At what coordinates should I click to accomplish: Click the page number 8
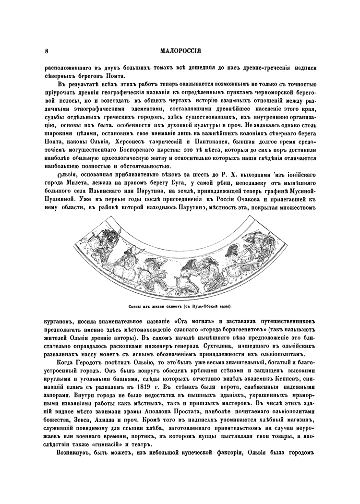(x=46, y=50)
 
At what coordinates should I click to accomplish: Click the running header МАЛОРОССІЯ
(x=180, y=50)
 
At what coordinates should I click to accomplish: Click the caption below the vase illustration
(x=180, y=305)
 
